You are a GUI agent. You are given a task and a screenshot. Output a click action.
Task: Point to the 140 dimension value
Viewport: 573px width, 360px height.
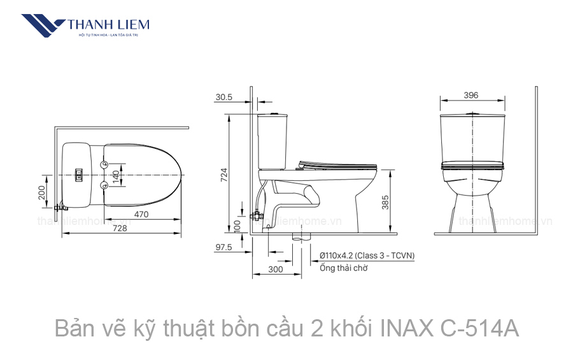pyautogui.click(x=116, y=176)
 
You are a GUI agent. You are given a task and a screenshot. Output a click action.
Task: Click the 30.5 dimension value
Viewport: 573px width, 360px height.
pyautogui.click(x=223, y=97)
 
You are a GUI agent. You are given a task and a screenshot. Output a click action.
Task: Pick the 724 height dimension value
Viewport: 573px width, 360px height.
pyautogui.click(x=223, y=175)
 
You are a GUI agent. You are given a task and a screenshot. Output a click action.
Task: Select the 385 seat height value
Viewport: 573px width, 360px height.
pyautogui.click(x=385, y=202)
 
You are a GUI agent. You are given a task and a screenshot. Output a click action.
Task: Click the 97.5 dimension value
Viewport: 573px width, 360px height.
pyautogui.click(x=223, y=247)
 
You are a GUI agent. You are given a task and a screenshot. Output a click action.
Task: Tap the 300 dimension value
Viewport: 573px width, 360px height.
pyautogui.click(x=275, y=269)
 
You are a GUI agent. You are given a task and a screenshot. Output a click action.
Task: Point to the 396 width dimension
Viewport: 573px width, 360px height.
pyautogui.click(x=470, y=96)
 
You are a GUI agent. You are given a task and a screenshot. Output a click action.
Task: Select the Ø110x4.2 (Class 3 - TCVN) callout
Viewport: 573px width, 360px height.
pyautogui.click(x=367, y=256)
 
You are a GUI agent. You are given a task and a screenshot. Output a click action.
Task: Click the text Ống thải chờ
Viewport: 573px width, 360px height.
pyautogui.click(x=343, y=268)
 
